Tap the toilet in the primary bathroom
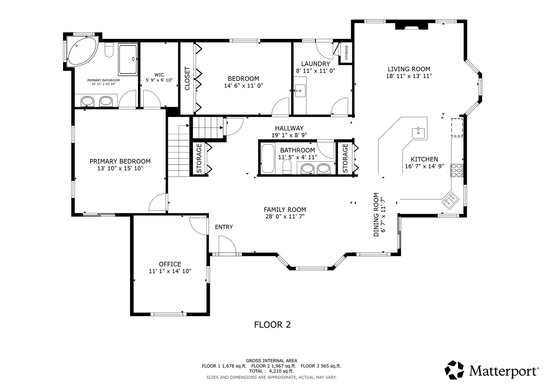pyautogui.click(x=109, y=50)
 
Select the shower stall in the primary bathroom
pyautogui.click(x=128, y=59)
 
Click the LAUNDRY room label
pyautogui.click(x=315, y=64)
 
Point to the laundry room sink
pyautogui.click(x=300, y=91)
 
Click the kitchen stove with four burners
pyautogui.click(x=457, y=170)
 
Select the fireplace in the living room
pyautogui.click(x=411, y=26)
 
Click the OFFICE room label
pyautogui.click(x=170, y=264)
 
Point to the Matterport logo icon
pyautogui.click(x=454, y=370)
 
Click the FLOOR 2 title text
pyautogui.click(x=272, y=325)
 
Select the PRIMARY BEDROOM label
pyautogui.click(x=120, y=161)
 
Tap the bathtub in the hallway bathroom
pyautogui.click(x=268, y=158)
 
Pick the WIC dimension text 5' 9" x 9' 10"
pyautogui.click(x=159, y=80)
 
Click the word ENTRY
pyautogui.click(x=224, y=227)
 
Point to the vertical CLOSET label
pyautogui.click(x=187, y=78)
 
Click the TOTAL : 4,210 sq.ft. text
pyautogui.click(x=271, y=371)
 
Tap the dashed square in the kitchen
pyautogui.click(x=457, y=127)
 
